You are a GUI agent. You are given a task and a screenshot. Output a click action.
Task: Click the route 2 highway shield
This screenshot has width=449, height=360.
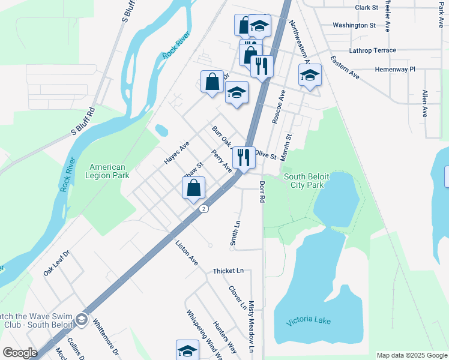coord(205,209)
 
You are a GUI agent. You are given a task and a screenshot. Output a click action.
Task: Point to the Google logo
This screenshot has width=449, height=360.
coord(20,353)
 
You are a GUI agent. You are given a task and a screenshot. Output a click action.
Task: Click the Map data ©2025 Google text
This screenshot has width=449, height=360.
coord(411,355)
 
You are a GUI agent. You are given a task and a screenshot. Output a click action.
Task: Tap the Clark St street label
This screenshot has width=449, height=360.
coord(366,8)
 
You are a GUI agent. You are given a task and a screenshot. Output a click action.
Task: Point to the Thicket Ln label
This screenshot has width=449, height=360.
coord(229,271)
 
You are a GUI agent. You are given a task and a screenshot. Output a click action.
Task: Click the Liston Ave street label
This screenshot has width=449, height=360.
coord(186,253)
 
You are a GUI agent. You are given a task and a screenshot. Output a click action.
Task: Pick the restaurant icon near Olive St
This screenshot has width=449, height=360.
coord(244,157)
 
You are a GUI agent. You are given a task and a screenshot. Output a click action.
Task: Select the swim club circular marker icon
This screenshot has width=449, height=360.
coord(80,320)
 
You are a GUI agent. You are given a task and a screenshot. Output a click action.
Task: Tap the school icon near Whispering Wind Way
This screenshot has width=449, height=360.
coord(187,350)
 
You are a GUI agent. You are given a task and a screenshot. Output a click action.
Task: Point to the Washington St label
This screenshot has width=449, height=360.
coord(354,25)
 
